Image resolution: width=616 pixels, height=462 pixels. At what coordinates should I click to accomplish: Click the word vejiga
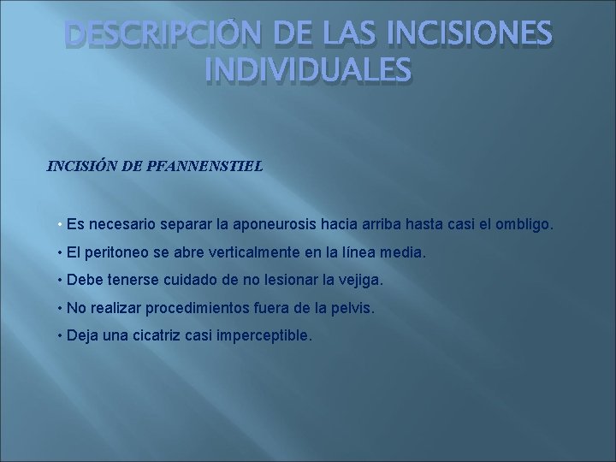[361, 280]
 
